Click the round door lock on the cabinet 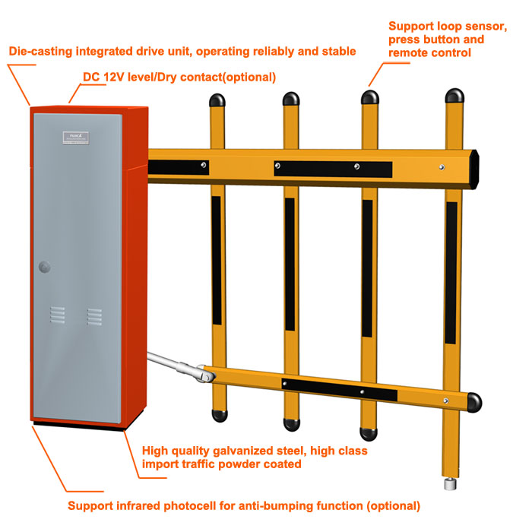click(x=43, y=267)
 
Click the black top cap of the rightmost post click(x=454, y=97)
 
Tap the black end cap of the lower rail click(x=474, y=401)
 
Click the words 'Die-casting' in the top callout click(x=39, y=52)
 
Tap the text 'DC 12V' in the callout click(x=103, y=78)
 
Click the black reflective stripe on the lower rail click(x=339, y=389)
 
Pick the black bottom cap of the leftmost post click(x=219, y=416)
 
